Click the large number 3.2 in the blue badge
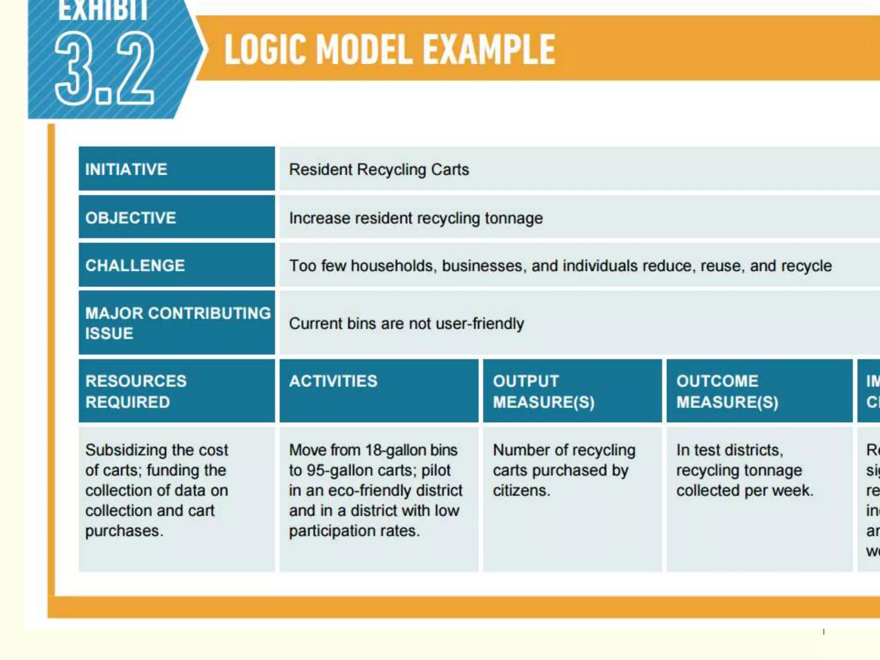[x=104, y=69]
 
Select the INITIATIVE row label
[x=126, y=169]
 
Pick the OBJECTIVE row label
[x=131, y=218]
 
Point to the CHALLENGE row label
[x=135, y=266]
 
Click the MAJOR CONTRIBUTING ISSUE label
[x=177, y=323]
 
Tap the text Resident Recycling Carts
[x=379, y=170]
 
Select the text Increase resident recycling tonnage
[x=416, y=218]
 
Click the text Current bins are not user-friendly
[x=406, y=324]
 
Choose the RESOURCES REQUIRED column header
[x=136, y=391]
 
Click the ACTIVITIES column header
[x=333, y=381]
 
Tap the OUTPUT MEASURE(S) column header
[x=543, y=391]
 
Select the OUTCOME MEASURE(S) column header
[x=727, y=391]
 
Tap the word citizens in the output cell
[x=520, y=490]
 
